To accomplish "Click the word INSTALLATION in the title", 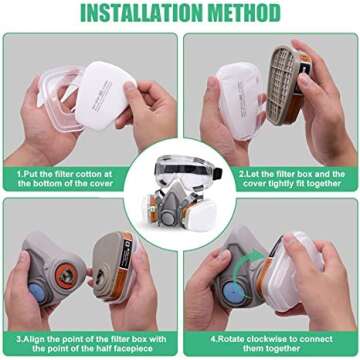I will tap(143, 14).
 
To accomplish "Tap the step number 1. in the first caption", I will tap(20, 171).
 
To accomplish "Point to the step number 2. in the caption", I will tap(241, 171).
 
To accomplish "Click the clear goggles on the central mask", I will tap(180, 161).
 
